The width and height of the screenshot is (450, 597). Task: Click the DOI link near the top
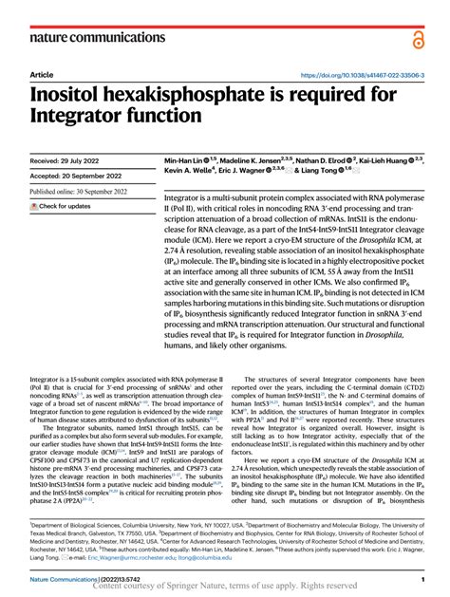(362, 75)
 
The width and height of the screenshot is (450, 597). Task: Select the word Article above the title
(42, 75)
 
